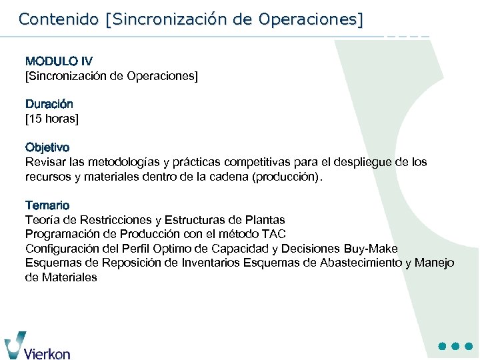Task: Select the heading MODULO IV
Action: [59, 61]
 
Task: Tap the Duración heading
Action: [49, 104]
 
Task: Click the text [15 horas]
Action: [52, 119]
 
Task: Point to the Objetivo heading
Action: [47, 147]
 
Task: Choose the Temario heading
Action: [47, 205]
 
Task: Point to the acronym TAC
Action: [275, 234]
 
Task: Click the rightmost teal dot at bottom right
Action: [469, 347]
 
